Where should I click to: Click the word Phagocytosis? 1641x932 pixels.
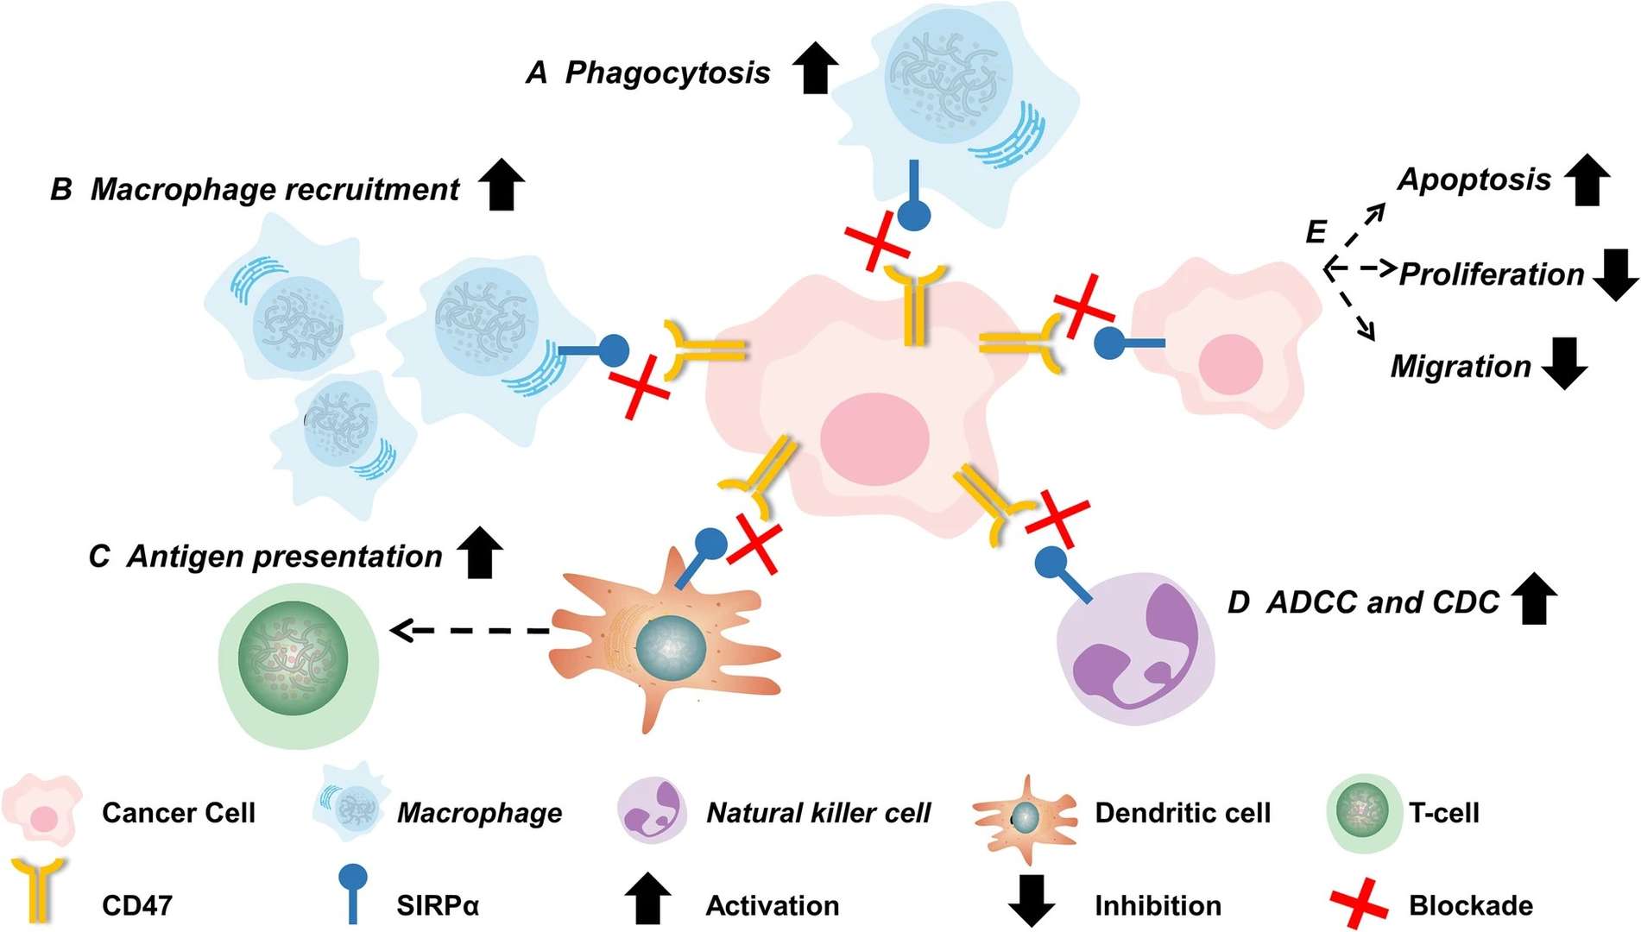(666, 72)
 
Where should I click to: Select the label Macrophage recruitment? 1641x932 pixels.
(275, 189)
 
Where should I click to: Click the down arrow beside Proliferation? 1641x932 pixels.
(1614, 274)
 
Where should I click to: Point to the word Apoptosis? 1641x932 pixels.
(1474, 179)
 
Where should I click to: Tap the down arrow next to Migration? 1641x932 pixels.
(1564, 363)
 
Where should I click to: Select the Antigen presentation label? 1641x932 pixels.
(284, 557)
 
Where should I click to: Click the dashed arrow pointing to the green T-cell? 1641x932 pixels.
(470, 631)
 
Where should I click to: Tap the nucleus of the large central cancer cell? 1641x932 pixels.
(874, 438)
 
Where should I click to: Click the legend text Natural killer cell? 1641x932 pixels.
(817, 813)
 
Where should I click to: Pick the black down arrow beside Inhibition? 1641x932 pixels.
(1031, 900)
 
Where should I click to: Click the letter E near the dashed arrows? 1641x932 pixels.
(1315, 231)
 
